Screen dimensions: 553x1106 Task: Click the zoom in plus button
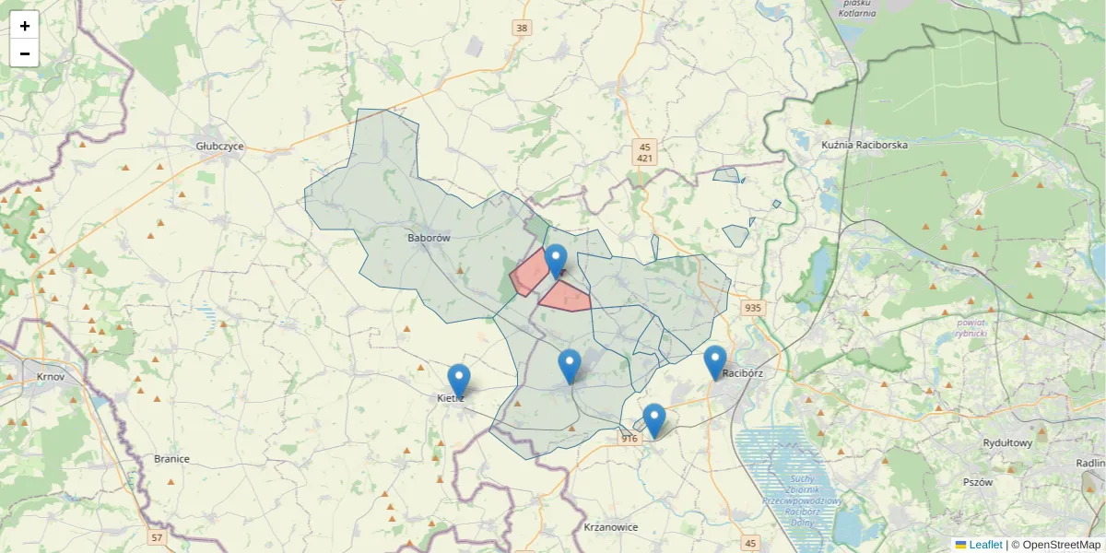point(25,26)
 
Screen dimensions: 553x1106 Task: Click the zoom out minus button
point(25,53)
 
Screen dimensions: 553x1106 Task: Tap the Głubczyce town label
point(219,147)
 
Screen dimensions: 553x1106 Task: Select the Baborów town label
point(428,238)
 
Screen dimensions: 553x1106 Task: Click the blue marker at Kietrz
point(459,381)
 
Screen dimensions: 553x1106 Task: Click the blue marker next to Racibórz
point(714,361)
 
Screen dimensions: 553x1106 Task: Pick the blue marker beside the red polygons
point(555,261)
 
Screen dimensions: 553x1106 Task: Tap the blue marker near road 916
point(653,420)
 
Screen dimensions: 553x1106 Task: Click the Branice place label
point(171,459)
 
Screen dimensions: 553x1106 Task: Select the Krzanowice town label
point(611,527)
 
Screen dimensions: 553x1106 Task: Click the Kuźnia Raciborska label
point(864,146)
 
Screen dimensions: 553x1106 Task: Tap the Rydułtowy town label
point(1007,443)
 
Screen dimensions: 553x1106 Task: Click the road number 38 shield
point(523,29)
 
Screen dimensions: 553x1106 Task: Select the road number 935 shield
point(753,308)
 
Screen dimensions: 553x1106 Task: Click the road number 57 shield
point(157,536)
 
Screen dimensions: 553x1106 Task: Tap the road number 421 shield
point(645,159)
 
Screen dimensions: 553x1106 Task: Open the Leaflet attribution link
point(984,545)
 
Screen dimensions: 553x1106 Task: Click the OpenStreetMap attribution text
point(1061,545)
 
